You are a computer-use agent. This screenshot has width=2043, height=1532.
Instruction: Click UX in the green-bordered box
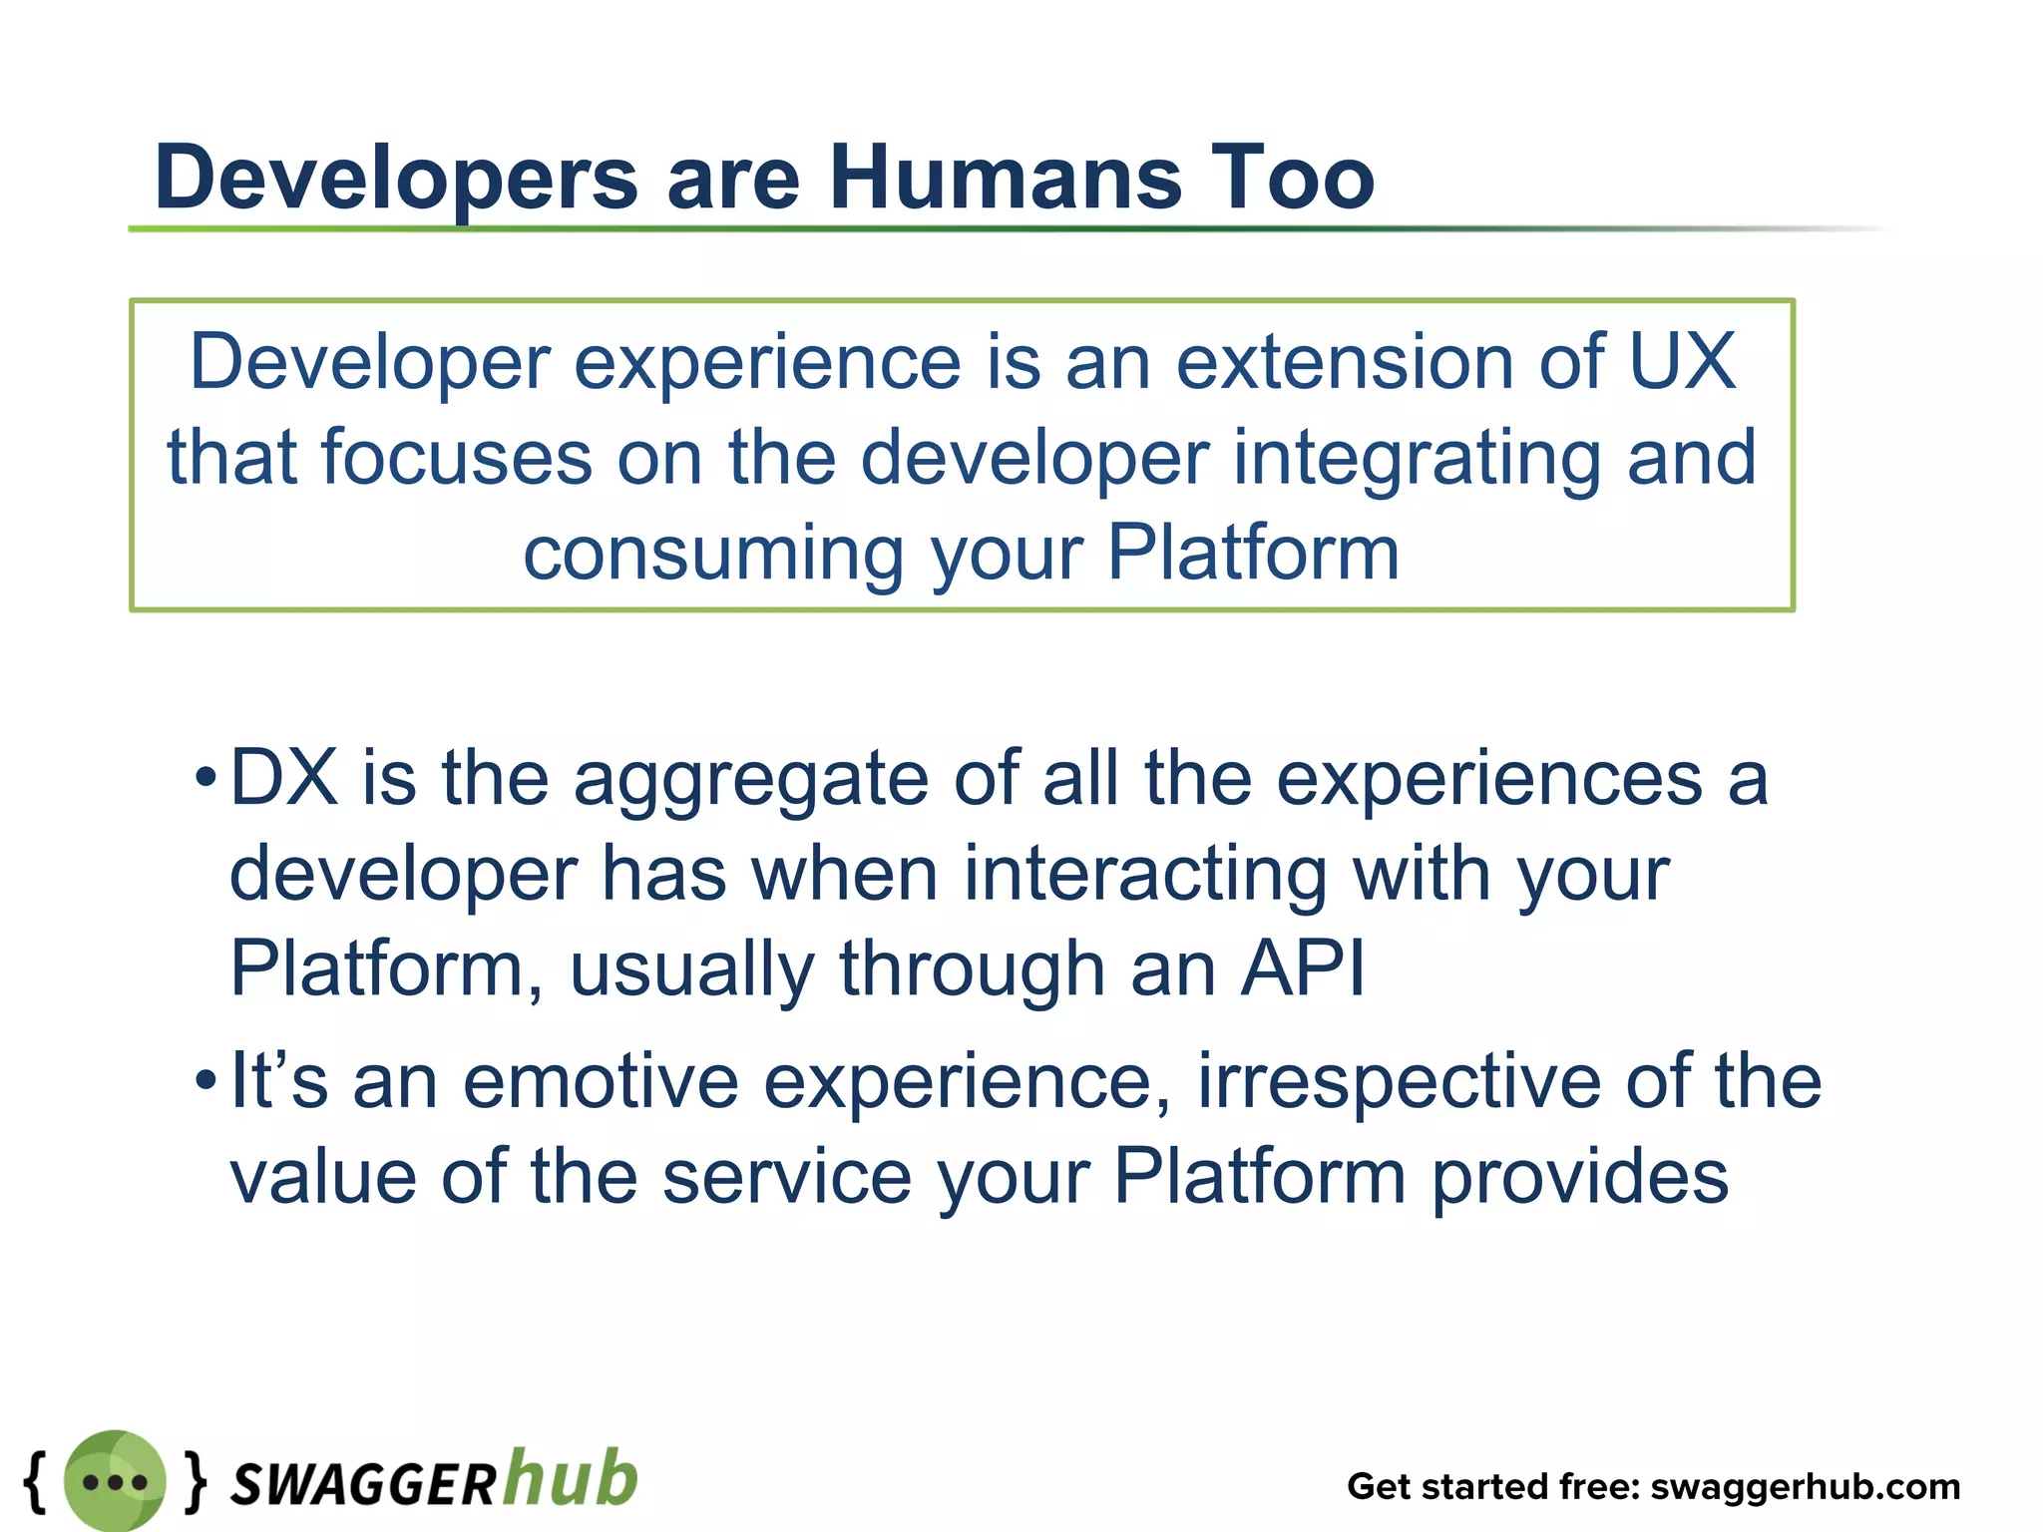click(1683, 361)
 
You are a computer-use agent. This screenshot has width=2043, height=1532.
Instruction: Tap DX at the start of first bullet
click(283, 778)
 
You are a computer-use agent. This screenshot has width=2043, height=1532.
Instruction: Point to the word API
click(1302, 967)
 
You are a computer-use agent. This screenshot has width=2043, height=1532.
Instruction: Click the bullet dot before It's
click(205, 1080)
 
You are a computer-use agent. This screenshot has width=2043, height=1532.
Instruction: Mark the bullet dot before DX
click(205, 777)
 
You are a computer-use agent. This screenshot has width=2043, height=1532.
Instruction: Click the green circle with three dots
click(115, 1481)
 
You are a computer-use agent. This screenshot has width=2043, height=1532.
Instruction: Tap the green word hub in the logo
click(570, 1477)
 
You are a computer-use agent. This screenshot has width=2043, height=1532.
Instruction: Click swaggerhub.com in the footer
click(1805, 1487)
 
